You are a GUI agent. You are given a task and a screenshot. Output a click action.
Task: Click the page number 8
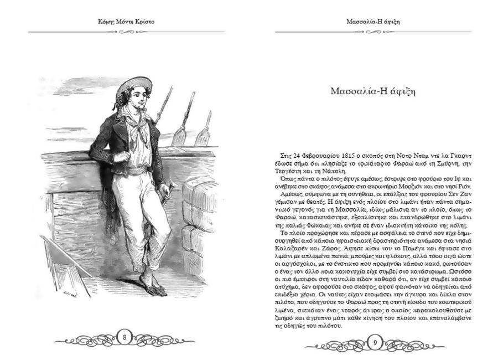(124, 337)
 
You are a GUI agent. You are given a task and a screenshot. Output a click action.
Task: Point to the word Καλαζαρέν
(292, 250)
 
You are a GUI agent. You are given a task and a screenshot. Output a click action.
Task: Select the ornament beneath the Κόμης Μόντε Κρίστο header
(124, 32)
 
